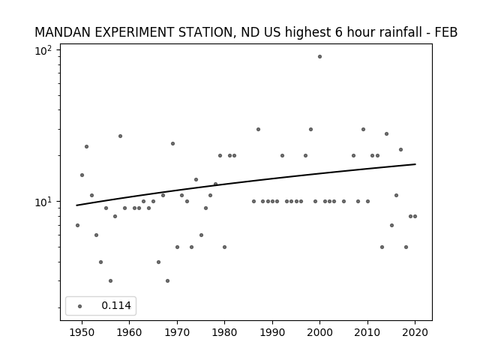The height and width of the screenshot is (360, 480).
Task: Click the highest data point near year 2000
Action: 319,57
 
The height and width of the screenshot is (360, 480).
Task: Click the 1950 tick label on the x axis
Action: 82,332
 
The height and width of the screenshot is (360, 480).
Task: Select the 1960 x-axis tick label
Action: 129,332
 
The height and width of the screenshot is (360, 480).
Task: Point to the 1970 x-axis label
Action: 177,332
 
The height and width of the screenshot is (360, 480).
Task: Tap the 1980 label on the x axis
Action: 224,332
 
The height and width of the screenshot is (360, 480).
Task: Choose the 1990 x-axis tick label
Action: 272,332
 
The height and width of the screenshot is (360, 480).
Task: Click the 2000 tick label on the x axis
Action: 319,332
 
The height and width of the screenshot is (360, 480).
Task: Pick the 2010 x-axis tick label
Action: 367,332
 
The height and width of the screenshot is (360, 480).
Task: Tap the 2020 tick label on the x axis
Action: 415,332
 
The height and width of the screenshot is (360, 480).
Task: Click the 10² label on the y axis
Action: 43,50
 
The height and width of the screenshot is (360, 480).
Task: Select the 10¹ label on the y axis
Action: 43,202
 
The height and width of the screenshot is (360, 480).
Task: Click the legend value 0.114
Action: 116,305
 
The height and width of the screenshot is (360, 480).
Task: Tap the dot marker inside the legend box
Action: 79,306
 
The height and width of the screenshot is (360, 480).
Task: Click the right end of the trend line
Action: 415,164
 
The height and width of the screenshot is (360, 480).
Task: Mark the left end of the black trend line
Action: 76,205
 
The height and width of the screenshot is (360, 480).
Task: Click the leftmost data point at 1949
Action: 77,225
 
